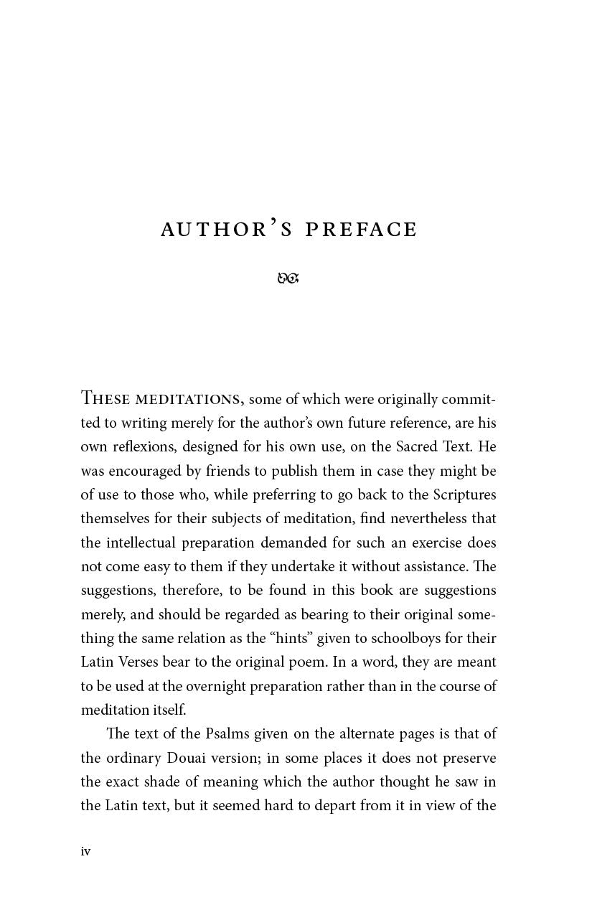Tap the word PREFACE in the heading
(361, 230)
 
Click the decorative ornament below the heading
(288, 278)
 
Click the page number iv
(85, 851)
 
